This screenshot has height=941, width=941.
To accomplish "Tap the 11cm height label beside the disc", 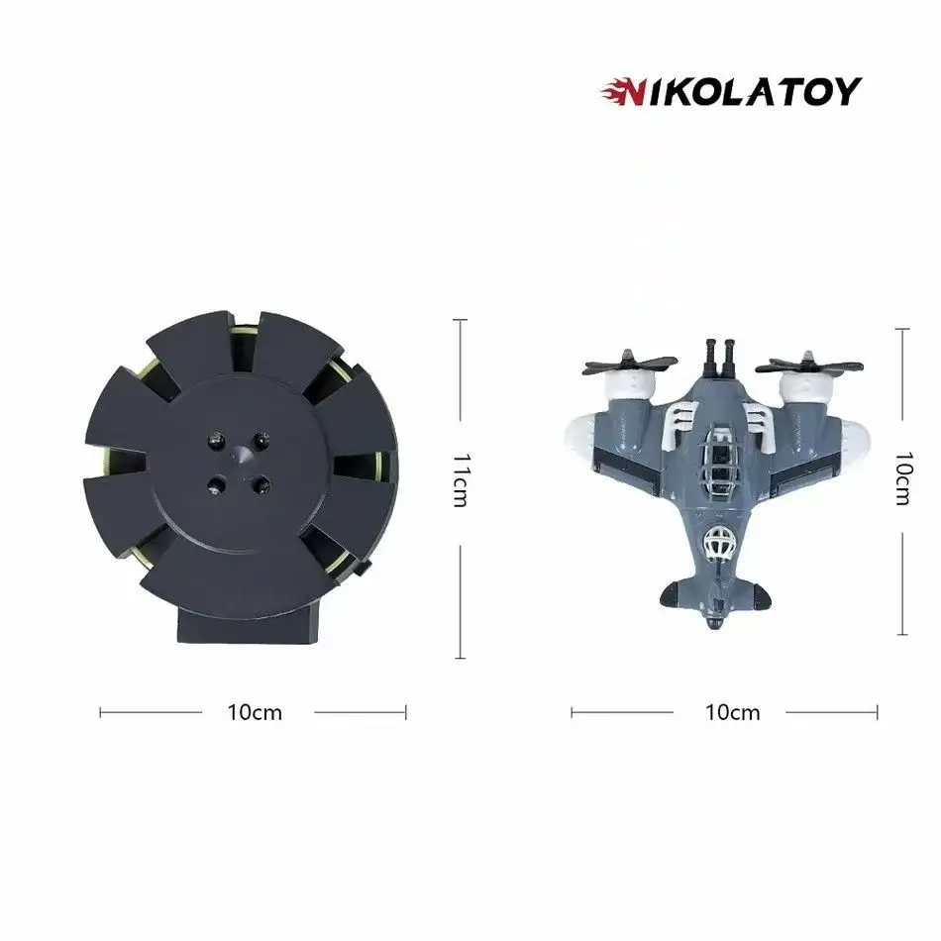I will [x=459, y=479].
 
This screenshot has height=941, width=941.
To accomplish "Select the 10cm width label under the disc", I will [x=254, y=711].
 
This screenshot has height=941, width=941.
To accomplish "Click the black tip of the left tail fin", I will [x=670, y=594].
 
